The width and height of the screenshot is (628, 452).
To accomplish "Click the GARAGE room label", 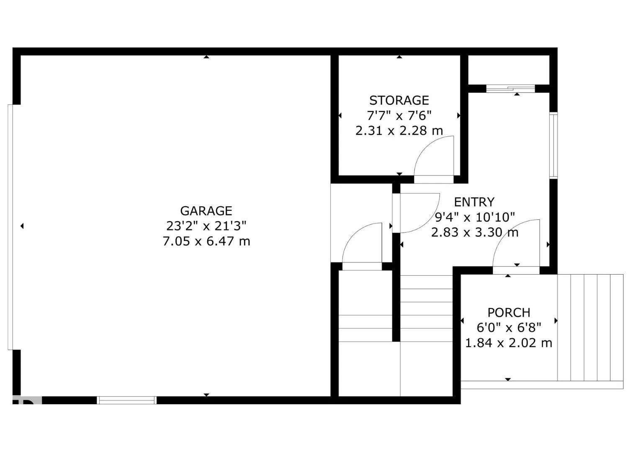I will (x=206, y=211).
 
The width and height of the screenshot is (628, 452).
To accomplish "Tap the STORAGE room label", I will (x=399, y=100).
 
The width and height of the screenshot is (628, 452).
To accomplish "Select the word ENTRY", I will (x=474, y=202).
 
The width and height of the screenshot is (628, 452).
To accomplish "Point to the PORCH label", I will (x=509, y=313).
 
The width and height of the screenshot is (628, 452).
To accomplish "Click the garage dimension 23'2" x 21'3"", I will (x=206, y=226).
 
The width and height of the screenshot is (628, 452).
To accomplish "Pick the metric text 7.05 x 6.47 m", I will (x=206, y=241).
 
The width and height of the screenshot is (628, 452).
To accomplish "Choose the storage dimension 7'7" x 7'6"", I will (x=399, y=116).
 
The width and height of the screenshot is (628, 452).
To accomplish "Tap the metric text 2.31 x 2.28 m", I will (x=399, y=131).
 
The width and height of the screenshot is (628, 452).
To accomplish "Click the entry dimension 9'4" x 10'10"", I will (x=474, y=217).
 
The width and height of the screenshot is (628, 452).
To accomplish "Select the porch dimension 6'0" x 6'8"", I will (x=509, y=328).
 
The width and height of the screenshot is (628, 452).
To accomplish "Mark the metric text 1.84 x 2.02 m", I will (x=509, y=343).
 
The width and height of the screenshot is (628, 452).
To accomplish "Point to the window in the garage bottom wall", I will (x=126, y=400).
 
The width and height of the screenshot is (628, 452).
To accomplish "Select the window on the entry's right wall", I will (x=553, y=146).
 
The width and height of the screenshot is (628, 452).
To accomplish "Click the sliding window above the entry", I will (x=510, y=88).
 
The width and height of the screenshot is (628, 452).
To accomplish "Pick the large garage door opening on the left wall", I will (x=11, y=227).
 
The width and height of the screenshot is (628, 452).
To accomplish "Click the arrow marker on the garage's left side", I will (x=22, y=226).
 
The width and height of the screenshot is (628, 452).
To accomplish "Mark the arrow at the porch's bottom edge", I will (x=508, y=379).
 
